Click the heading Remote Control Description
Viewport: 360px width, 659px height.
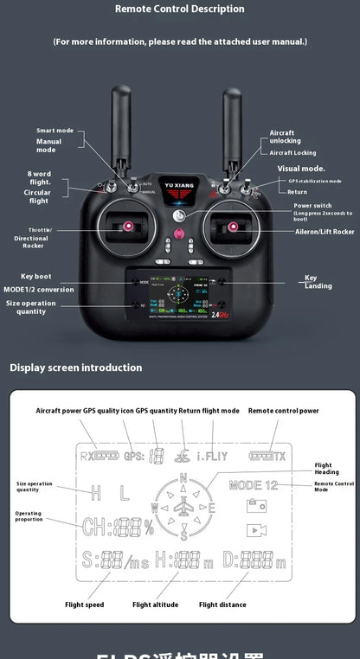point(180,9)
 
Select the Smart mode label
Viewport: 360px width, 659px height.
point(55,130)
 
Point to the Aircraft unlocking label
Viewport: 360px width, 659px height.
point(285,137)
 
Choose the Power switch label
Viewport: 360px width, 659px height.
point(312,206)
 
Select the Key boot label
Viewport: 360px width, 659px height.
point(36,276)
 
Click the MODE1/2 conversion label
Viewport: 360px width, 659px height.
point(39,290)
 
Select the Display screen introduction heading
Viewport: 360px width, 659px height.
point(76,368)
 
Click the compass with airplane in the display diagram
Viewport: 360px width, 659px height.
point(183,506)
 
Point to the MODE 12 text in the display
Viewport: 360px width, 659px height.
point(254,486)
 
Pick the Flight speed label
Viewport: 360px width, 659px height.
point(84,605)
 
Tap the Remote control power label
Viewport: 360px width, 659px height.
point(284,411)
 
